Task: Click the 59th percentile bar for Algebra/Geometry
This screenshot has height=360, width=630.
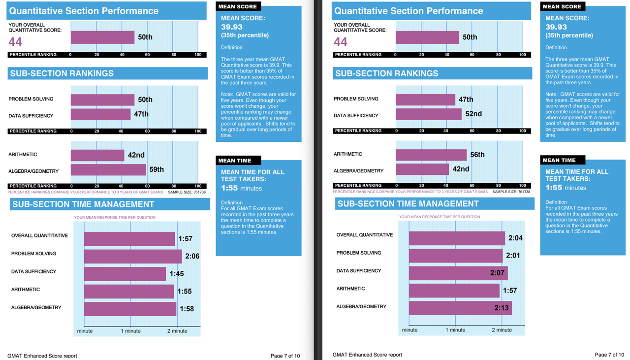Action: point(108,170)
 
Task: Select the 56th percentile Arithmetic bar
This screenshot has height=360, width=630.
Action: point(431,155)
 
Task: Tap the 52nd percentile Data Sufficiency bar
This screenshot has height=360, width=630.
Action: point(429,114)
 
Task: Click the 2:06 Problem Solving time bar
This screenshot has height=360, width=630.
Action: point(133,257)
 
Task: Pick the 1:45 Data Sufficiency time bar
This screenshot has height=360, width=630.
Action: point(125,274)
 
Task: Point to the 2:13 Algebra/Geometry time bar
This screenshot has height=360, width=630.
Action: point(460,308)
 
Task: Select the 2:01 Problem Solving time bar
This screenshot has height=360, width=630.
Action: point(456,256)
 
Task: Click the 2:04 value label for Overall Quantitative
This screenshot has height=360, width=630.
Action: point(515,238)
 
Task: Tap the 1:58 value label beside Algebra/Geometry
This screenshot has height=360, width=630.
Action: point(187,309)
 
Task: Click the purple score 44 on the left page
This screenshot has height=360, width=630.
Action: point(15,42)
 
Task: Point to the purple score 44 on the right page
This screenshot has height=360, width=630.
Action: point(340,42)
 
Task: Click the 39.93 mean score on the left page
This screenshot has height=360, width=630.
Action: point(232,27)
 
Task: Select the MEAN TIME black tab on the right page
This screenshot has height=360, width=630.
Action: point(563,160)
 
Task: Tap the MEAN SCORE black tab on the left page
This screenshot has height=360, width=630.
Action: point(238,6)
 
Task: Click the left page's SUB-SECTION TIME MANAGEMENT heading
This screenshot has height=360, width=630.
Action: point(83,204)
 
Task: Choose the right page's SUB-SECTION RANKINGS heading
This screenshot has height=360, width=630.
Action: point(387,73)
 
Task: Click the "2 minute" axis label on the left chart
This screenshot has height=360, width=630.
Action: point(177,331)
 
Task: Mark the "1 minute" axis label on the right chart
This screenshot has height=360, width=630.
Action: point(455,330)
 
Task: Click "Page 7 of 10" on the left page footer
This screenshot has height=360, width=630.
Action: point(285,356)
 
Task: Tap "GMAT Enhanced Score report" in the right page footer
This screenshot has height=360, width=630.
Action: point(367,355)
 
